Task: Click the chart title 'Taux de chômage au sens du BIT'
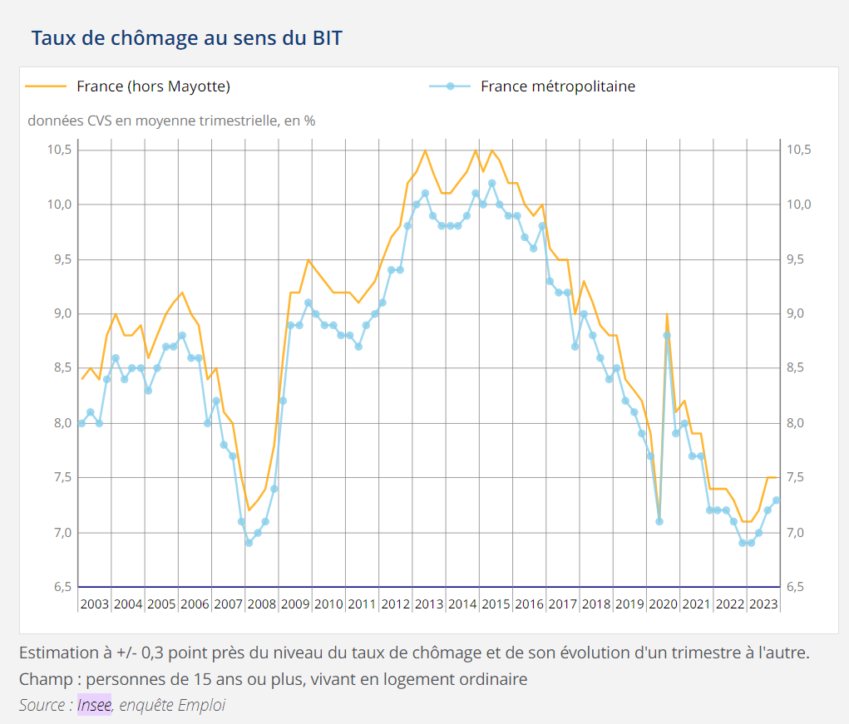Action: pos(186,38)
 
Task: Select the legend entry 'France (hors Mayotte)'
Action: pos(153,86)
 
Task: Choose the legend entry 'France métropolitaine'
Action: pos(557,86)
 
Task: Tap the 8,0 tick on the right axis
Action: pos(799,423)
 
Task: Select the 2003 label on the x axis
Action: pos(95,603)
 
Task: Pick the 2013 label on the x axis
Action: pos(429,603)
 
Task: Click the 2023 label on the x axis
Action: pos(763,603)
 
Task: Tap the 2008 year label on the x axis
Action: pos(262,603)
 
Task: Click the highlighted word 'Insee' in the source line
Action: pos(94,705)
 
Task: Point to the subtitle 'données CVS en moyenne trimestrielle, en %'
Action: pos(171,121)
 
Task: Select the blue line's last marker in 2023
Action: pos(777,500)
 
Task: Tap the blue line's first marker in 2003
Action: pos(81,423)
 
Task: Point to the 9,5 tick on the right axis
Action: pos(799,259)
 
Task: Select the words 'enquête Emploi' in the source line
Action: pos(172,705)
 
